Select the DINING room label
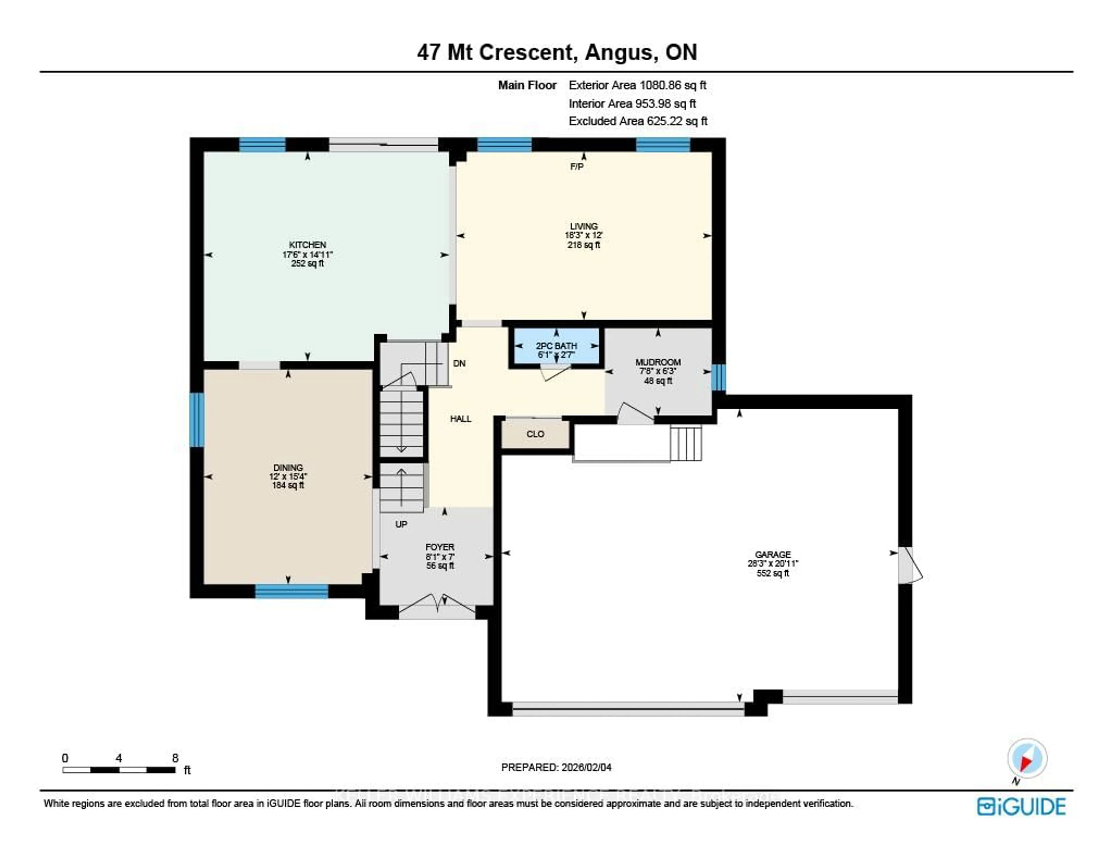[288, 467]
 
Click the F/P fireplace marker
[576, 167]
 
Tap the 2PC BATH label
[556, 346]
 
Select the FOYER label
[439, 547]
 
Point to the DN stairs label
[459, 364]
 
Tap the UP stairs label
[401, 524]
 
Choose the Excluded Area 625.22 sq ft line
[638, 121]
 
